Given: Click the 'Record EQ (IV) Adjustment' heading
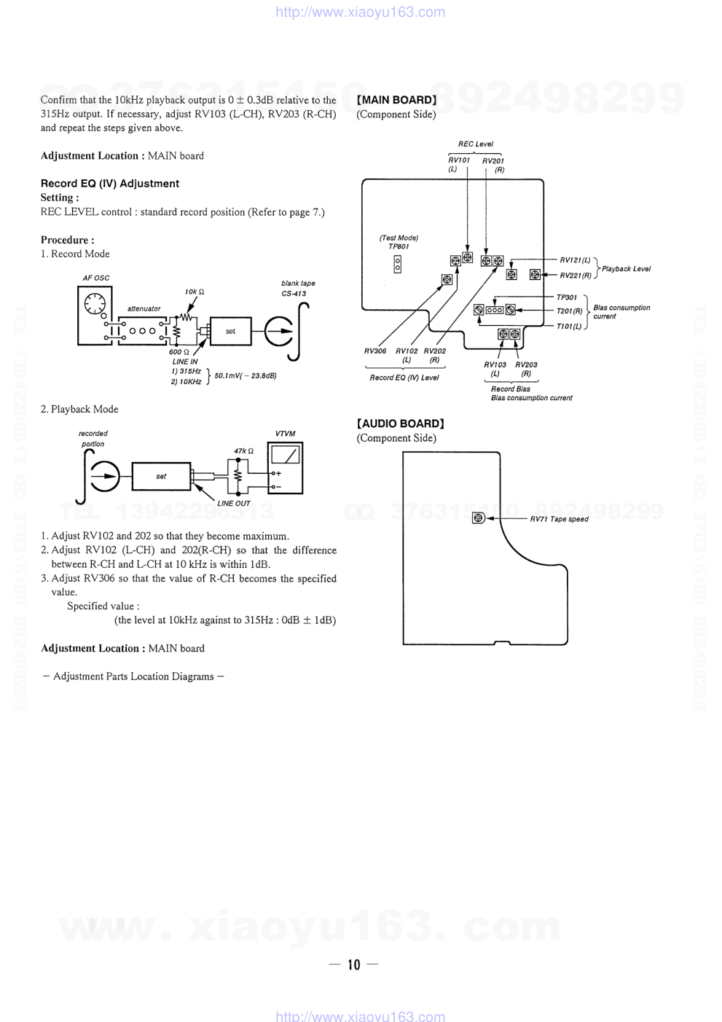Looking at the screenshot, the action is pos(110,184).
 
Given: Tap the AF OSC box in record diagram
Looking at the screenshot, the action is pos(95,315).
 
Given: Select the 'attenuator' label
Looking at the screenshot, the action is pos(144,308).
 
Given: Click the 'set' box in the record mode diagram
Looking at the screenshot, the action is pos(230,331).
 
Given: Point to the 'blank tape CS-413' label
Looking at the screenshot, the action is pos(298,289).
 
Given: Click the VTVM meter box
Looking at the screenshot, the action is pos(285,468).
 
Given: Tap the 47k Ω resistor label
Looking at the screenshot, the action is pos(243,450).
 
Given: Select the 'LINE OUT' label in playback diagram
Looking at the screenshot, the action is pos(234,503).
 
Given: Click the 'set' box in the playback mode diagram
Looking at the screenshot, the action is pos(161,476).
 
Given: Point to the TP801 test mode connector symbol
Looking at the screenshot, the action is pos(397,264).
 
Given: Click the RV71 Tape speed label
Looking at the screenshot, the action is pos(559,519).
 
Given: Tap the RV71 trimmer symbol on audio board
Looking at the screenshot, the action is pos(478,518).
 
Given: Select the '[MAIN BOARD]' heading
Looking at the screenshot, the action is pos(396,100).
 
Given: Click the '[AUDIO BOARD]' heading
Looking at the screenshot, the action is pos(400,424).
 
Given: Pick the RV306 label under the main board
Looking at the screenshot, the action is pos(375,351).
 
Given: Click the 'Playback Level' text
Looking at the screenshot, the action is pos(627,269).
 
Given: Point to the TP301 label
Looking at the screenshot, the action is pos(567,297).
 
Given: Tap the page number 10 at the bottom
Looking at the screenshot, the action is pos(354,964).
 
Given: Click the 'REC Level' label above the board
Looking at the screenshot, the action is pos(475,144).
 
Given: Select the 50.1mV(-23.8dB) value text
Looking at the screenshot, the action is pos(246,376).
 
